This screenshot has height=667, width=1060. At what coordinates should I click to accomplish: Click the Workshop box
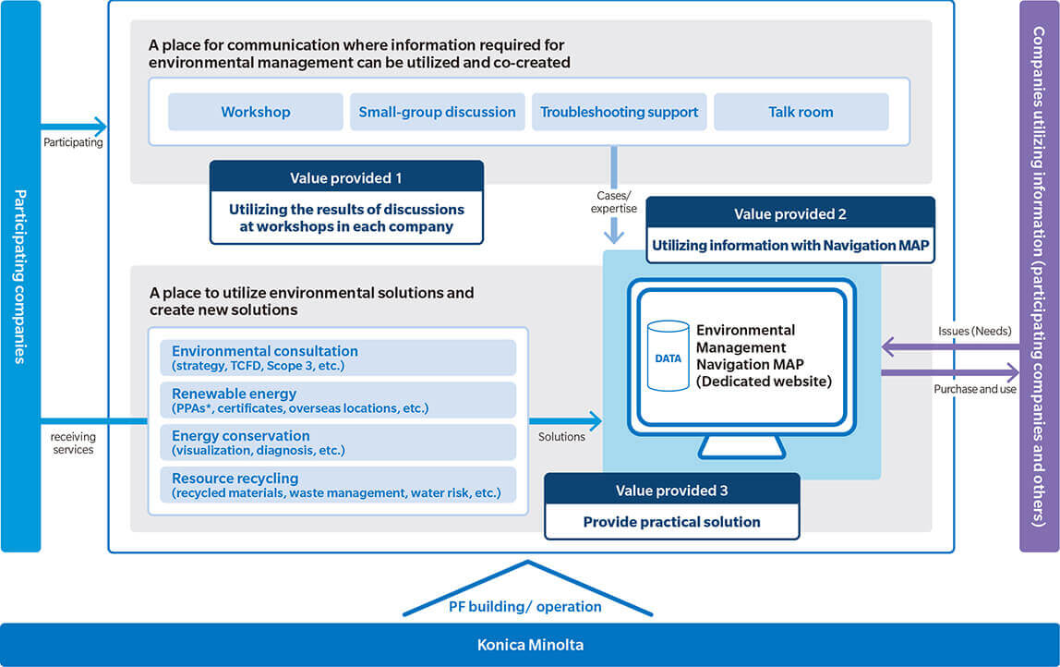click(x=256, y=112)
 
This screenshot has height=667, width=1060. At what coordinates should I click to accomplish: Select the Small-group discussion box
click(x=438, y=112)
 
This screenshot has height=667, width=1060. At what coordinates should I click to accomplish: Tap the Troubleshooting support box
click(x=620, y=112)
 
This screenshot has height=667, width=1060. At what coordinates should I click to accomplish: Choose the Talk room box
click(x=801, y=112)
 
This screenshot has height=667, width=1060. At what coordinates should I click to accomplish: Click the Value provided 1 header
click(x=346, y=177)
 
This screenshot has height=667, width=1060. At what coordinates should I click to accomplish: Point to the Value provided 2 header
click(x=790, y=213)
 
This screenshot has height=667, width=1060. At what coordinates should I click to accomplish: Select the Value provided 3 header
click(x=672, y=490)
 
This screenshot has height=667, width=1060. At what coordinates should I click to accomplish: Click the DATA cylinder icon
click(x=668, y=356)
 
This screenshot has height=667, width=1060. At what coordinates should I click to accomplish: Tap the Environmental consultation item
click(x=338, y=358)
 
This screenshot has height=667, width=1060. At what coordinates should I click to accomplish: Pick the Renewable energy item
click(x=338, y=400)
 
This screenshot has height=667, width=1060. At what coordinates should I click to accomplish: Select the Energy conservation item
click(x=338, y=443)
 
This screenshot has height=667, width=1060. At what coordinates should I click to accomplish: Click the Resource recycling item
click(x=338, y=485)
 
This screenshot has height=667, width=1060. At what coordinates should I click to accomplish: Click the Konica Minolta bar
click(x=530, y=645)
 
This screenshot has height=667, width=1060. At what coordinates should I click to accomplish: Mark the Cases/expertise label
click(x=614, y=201)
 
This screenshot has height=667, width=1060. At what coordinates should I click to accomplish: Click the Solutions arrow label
click(x=561, y=437)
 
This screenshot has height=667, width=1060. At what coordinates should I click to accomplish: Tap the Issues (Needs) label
click(x=975, y=331)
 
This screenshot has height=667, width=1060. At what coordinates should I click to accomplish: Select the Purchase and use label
click(x=975, y=389)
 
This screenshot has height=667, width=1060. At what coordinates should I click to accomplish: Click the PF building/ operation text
click(x=525, y=606)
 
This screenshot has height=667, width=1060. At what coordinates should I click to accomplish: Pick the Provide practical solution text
click(x=672, y=522)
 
